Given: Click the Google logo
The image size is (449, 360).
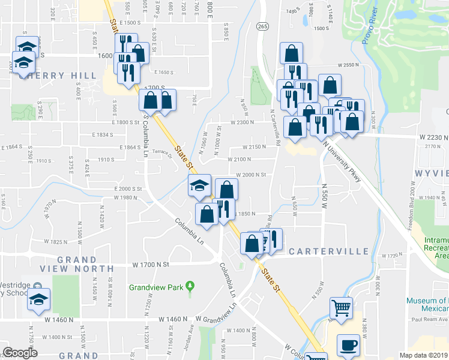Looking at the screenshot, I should pos(21,353).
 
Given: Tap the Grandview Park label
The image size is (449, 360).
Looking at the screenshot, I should pos(156,287).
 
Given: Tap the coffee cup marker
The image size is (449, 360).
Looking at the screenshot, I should pos(348,345).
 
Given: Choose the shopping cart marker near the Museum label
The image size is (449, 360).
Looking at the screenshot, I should pos(342,308).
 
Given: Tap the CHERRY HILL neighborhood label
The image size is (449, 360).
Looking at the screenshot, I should pos(57,76).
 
